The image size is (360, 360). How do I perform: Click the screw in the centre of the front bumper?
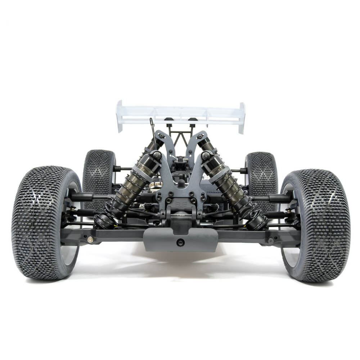coord(180,242)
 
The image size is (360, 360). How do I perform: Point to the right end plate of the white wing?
coord(242,117)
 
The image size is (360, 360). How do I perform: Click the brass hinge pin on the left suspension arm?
coord(90,239)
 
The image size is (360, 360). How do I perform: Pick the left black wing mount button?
coord(168,120)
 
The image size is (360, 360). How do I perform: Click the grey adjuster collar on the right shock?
coord(220,175)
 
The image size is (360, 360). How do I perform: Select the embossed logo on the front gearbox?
coord(180,204)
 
